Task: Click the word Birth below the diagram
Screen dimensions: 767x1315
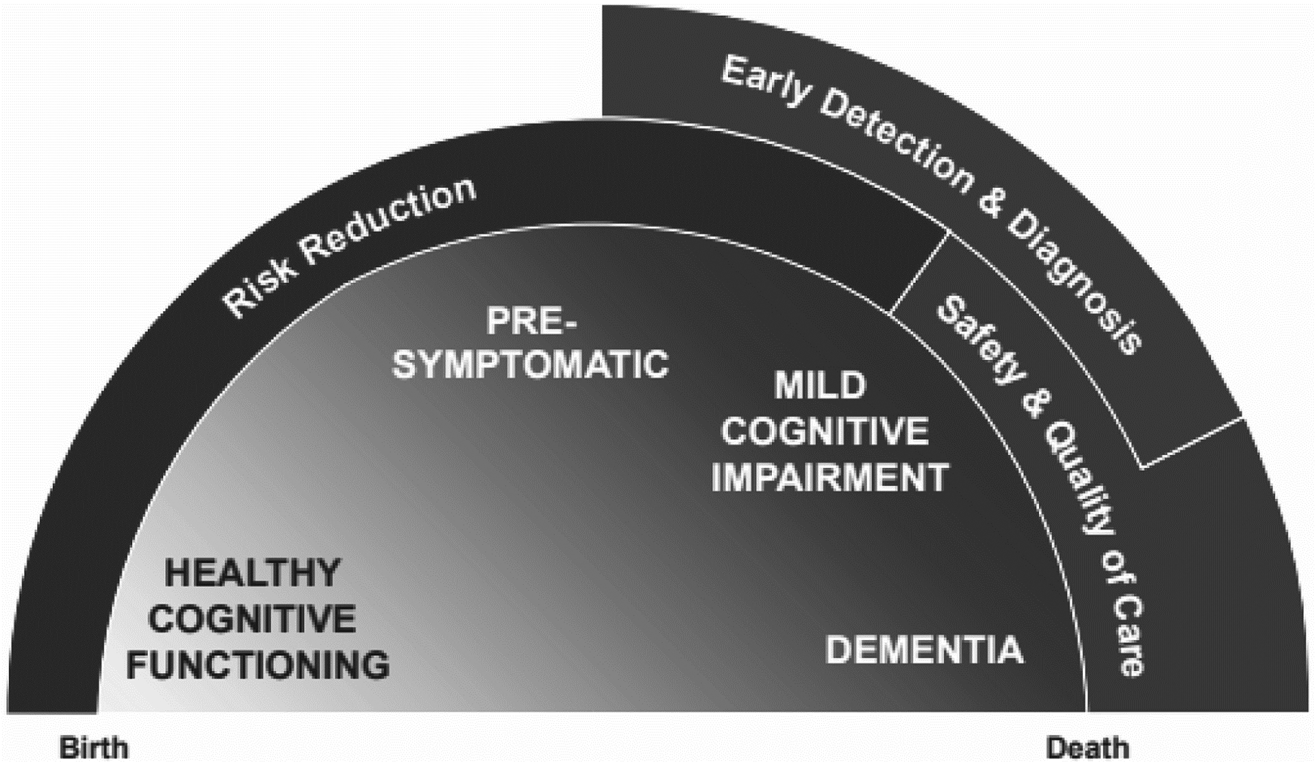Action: click(x=94, y=747)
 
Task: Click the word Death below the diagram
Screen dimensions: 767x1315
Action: click(x=1087, y=747)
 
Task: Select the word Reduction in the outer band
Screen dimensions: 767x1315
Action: click(x=390, y=217)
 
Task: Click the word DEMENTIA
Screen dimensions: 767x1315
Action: click(x=924, y=650)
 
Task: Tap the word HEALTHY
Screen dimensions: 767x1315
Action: click(x=253, y=573)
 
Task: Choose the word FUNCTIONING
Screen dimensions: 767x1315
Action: click(x=258, y=666)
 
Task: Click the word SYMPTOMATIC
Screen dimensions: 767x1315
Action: click(x=530, y=363)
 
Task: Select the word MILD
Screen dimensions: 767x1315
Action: click(x=820, y=386)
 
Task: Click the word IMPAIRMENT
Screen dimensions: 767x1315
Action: click(x=829, y=477)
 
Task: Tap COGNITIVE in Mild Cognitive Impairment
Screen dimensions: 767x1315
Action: click(x=825, y=432)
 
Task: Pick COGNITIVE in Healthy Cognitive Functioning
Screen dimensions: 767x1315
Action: click(x=251, y=619)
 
